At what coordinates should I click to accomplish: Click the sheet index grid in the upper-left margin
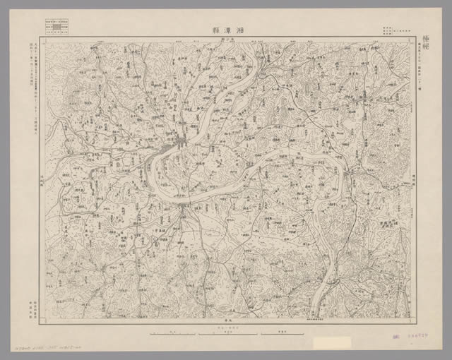56,27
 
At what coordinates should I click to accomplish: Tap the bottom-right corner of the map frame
415,318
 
